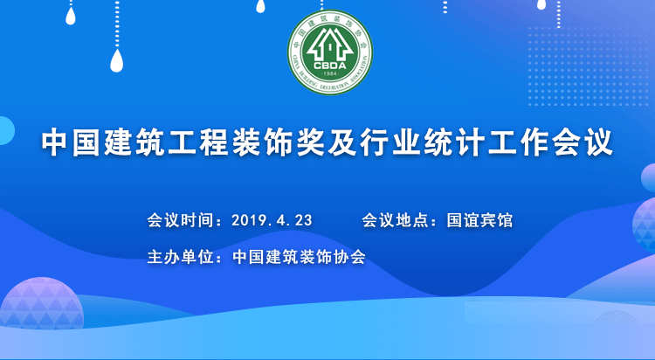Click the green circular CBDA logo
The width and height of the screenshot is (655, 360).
point(330,52)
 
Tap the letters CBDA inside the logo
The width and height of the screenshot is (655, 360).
point(330,66)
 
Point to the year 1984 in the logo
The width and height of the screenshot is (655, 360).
point(330,74)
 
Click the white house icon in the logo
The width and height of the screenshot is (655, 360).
point(330,45)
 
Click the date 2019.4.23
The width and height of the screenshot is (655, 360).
point(272,220)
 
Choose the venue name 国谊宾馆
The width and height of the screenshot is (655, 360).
point(479,220)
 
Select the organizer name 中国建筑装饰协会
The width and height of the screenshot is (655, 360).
point(299,257)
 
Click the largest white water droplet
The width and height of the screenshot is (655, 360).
point(117,60)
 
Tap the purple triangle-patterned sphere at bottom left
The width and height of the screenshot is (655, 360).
point(41,303)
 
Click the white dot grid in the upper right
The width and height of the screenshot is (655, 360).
point(588,66)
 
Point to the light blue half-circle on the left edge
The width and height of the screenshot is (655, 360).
point(6,131)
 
